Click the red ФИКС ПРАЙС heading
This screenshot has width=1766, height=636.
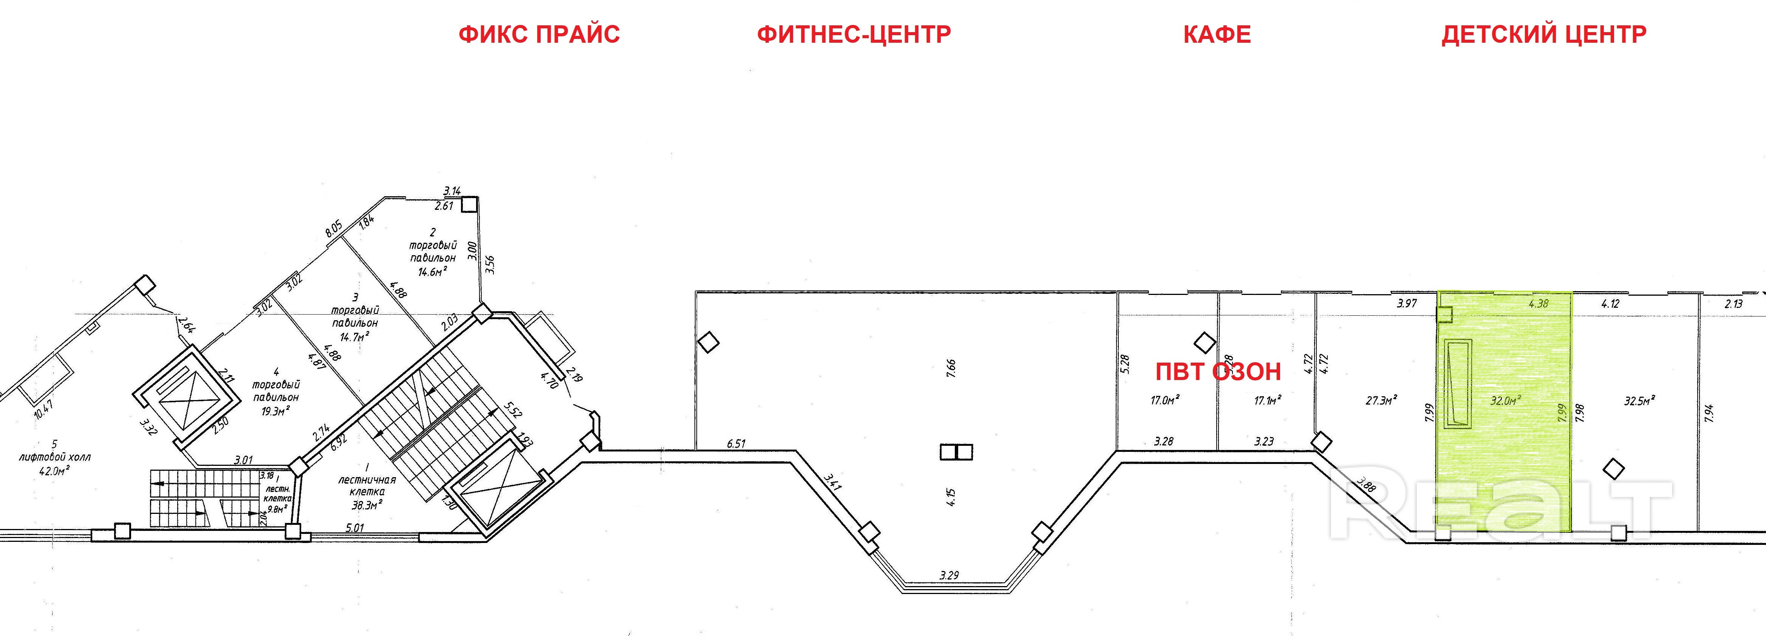click(539, 34)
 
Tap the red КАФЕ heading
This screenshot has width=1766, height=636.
click(1217, 34)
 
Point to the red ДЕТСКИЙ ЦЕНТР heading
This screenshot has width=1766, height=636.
click(1544, 34)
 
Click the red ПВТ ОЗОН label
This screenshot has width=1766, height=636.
click(1218, 372)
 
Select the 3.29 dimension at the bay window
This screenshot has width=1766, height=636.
click(949, 576)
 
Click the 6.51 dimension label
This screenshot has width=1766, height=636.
click(736, 444)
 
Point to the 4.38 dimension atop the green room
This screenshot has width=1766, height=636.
click(1539, 302)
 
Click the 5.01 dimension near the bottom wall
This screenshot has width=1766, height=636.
click(354, 528)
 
